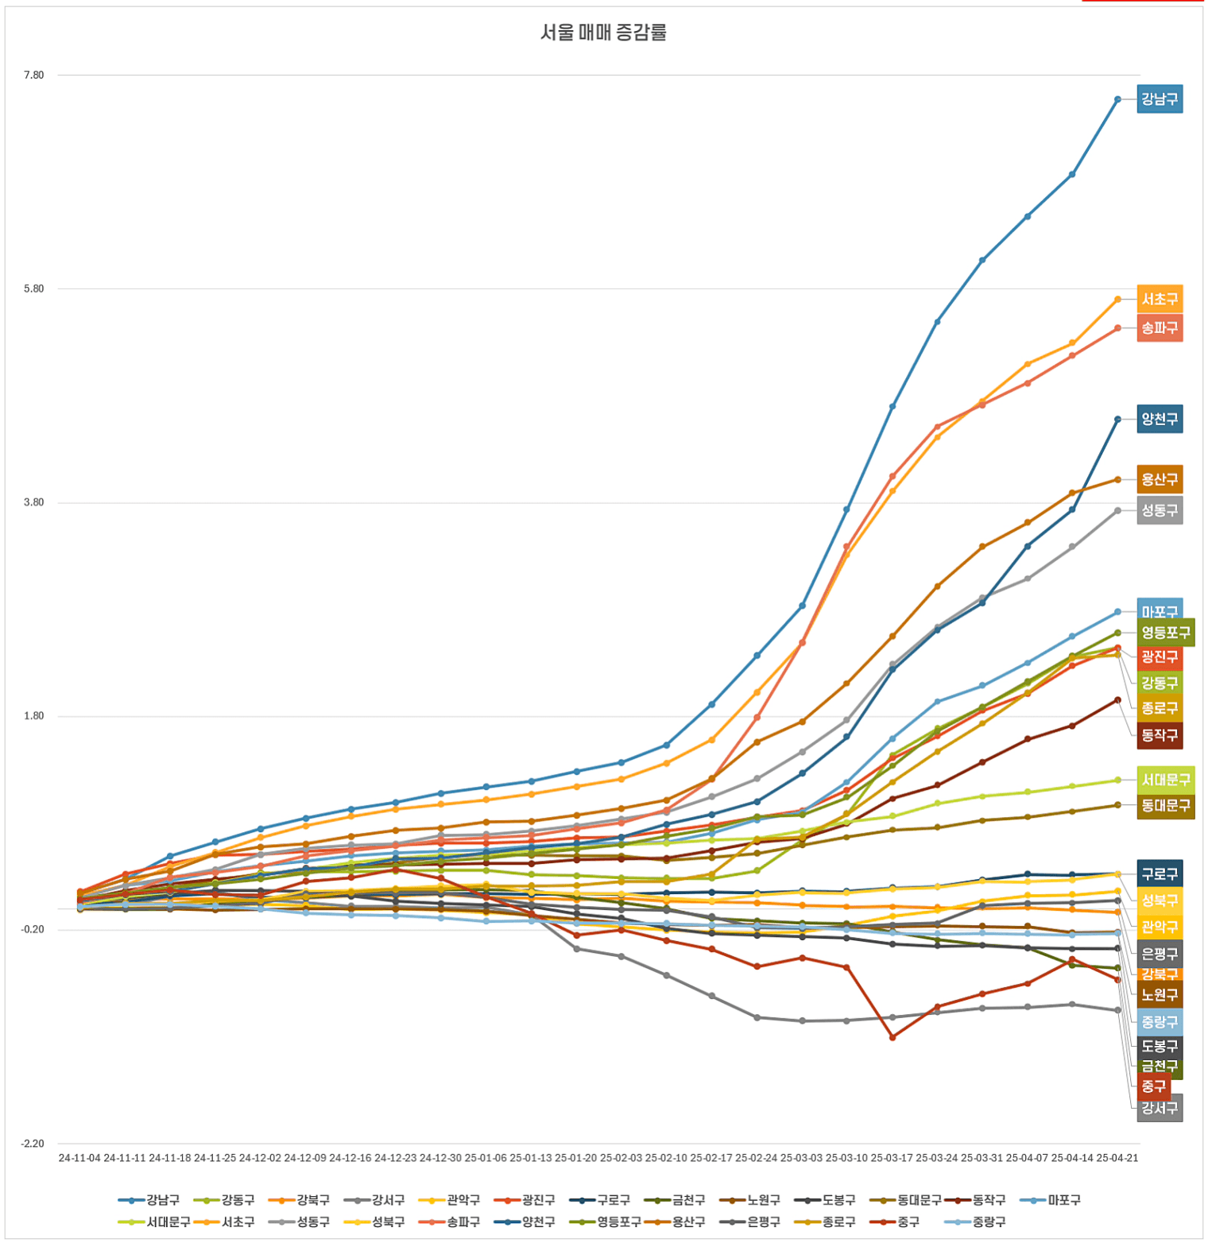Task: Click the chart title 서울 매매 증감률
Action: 603,33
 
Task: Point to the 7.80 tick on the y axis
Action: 33,76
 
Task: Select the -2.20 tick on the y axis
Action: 33,1144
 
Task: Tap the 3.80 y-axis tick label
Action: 33,502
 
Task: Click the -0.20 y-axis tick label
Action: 33,930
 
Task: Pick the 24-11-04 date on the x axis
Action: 79,1158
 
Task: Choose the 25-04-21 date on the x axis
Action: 1117,1158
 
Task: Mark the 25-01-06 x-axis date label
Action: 486,1158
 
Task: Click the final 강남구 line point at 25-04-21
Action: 1117,99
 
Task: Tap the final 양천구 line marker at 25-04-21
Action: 1117,419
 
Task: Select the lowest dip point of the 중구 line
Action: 892,1037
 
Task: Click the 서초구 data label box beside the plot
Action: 1160,299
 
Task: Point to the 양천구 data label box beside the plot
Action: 1160,419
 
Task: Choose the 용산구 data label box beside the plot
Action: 1160,479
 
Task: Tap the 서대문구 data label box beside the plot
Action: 1165,780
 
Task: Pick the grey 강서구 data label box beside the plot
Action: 1160,1108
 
